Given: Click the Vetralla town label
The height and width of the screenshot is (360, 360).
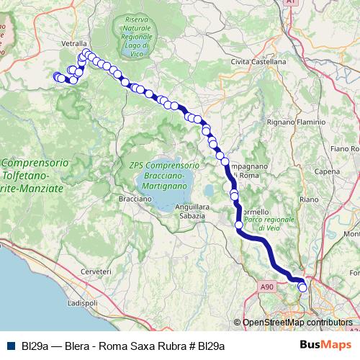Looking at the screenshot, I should pos(74,43).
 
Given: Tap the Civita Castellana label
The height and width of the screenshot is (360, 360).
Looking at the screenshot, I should pos(258,62).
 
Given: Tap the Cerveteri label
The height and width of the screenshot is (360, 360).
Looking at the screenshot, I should pos(96,271).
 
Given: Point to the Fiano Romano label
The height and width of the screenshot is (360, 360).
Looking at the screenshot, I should pos(344,148).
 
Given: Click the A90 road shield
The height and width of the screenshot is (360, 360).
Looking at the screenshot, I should pos(267,287).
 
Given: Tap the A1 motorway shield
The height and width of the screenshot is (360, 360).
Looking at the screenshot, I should pos(291,3).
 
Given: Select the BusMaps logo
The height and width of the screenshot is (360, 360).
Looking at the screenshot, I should pos(325,345).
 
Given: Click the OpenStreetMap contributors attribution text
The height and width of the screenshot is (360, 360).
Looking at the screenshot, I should pos(292,323).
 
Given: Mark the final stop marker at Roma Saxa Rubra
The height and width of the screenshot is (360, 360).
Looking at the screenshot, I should pos(303,287).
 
